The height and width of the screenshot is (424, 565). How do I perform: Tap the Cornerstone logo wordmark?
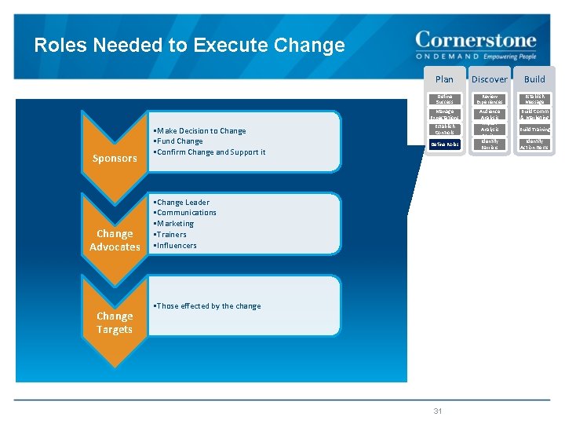tap(476, 40)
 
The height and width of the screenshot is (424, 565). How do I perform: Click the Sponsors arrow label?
tap(115, 159)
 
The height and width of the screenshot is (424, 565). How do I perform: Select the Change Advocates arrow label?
tap(115, 240)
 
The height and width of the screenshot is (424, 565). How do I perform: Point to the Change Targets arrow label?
tap(115, 323)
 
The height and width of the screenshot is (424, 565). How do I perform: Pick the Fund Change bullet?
tap(180, 141)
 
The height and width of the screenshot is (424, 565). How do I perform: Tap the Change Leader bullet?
tap(183, 203)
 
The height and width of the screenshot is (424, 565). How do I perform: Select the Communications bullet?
tap(187, 213)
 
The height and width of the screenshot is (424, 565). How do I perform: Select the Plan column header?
tap(444, 79)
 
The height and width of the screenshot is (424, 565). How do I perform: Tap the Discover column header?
tap(490, 79)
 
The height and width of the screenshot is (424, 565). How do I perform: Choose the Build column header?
tap(534, 79)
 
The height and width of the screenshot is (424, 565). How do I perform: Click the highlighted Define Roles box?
tap(444, 144)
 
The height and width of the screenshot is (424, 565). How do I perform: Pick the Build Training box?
tap(534, 130)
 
